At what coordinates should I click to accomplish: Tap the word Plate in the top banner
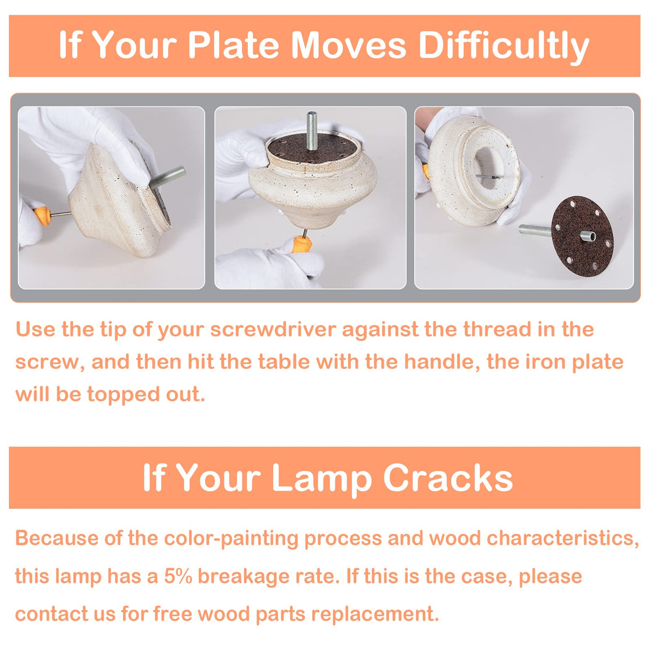tap(233, 45)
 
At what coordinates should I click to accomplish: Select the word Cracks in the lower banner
tap(448, 478)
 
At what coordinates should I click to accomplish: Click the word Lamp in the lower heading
tap(321, 479)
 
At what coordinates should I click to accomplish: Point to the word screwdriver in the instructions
tap(273, 329)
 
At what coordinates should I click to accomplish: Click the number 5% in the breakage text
tap(178, 576)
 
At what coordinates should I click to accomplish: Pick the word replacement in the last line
tap(375, 614)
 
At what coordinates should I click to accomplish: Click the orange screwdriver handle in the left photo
tap(43, 215)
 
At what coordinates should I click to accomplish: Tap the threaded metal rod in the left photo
tap(167, 177)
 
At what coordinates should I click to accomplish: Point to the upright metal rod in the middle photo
tap(312, 131)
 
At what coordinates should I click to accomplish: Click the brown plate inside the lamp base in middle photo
tap(313, 148)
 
